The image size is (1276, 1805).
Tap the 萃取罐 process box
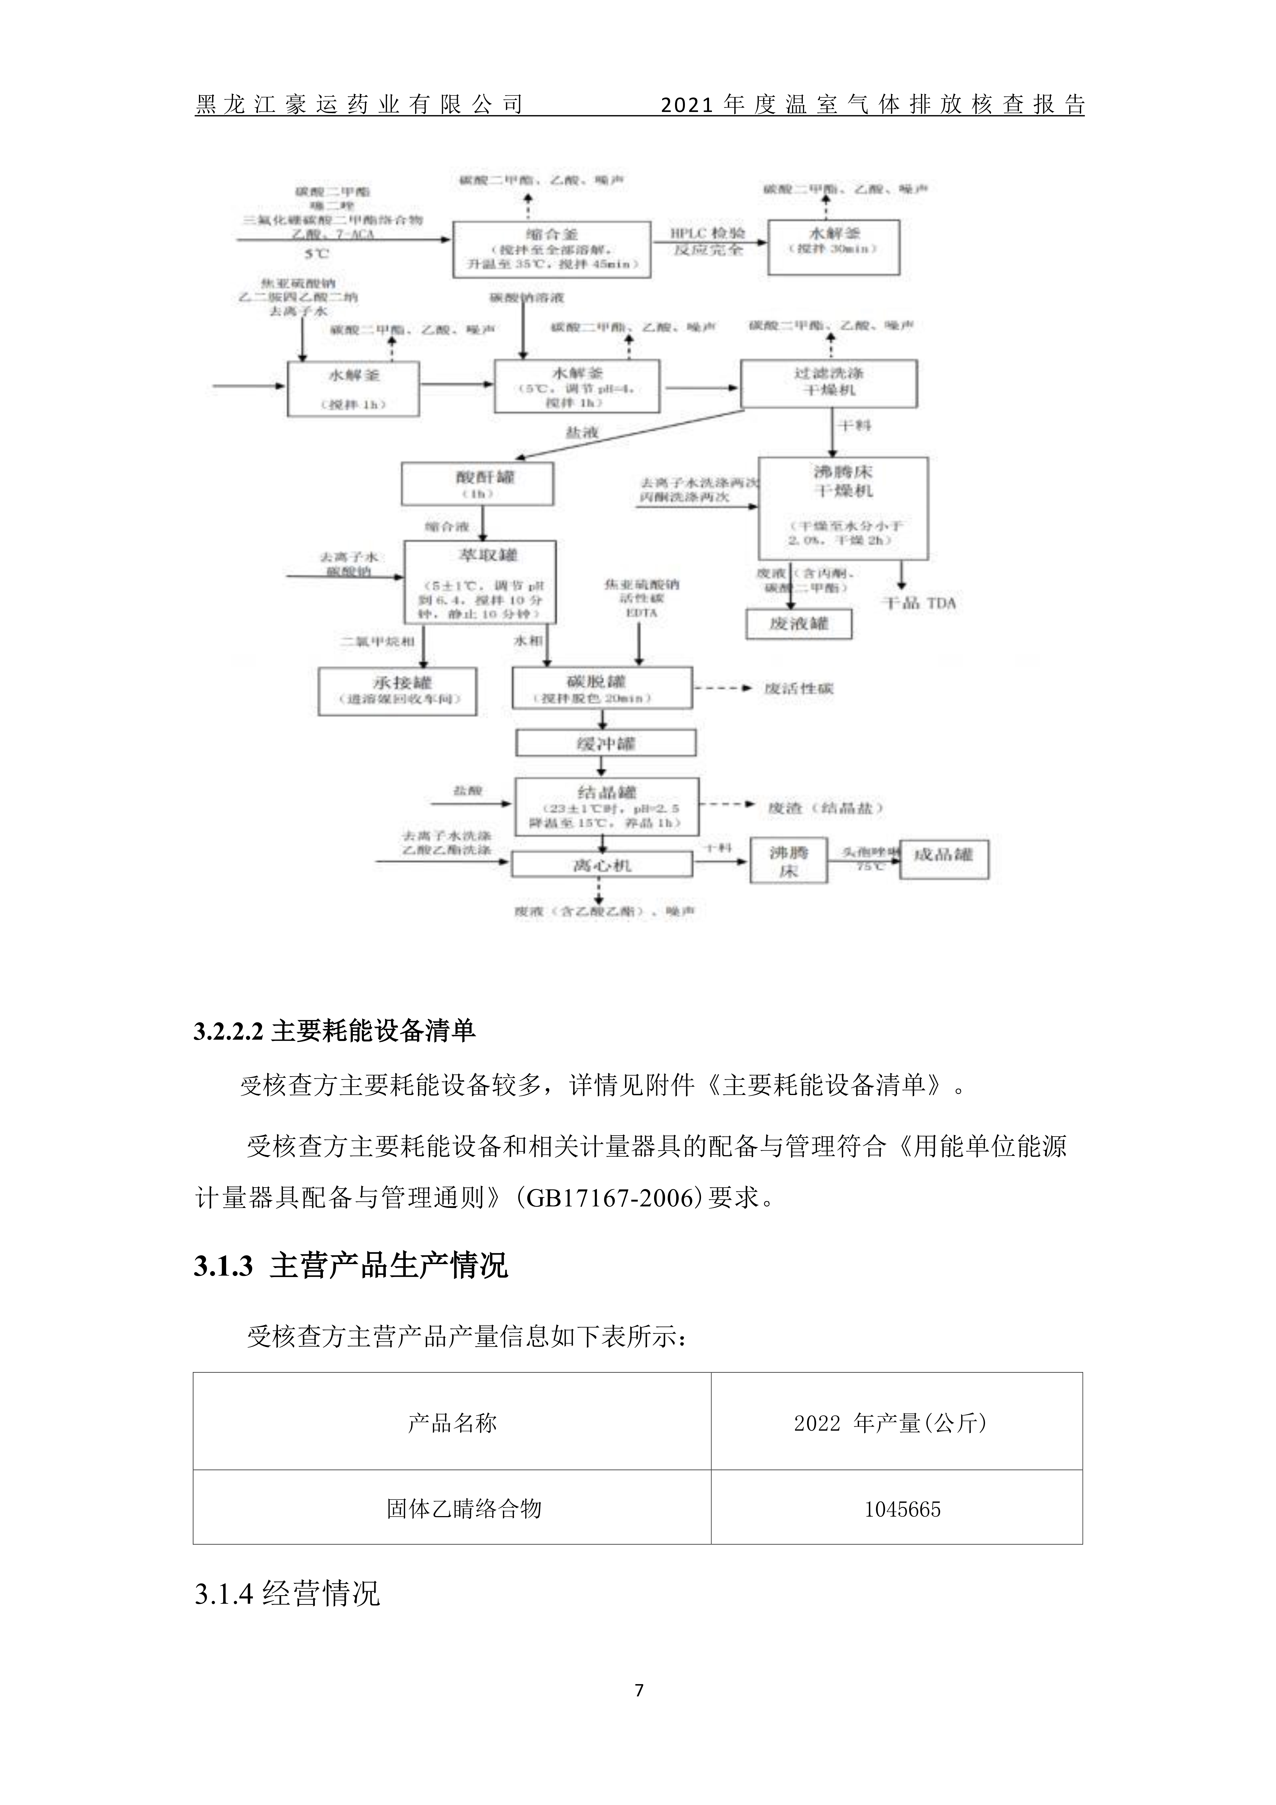(x=480, y=582)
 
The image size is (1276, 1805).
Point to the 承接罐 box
(x=397, y=691)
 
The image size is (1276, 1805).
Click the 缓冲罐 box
(x=605, y=743)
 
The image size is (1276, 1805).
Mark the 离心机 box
(x=602, y=865)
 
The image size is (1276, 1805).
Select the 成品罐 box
(x=943, y=859)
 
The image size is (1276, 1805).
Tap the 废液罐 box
(x=799, y=624)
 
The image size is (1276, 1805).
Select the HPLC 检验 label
(x=708, y=233)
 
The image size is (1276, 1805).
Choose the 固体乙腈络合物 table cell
(x=464, y=1508)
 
